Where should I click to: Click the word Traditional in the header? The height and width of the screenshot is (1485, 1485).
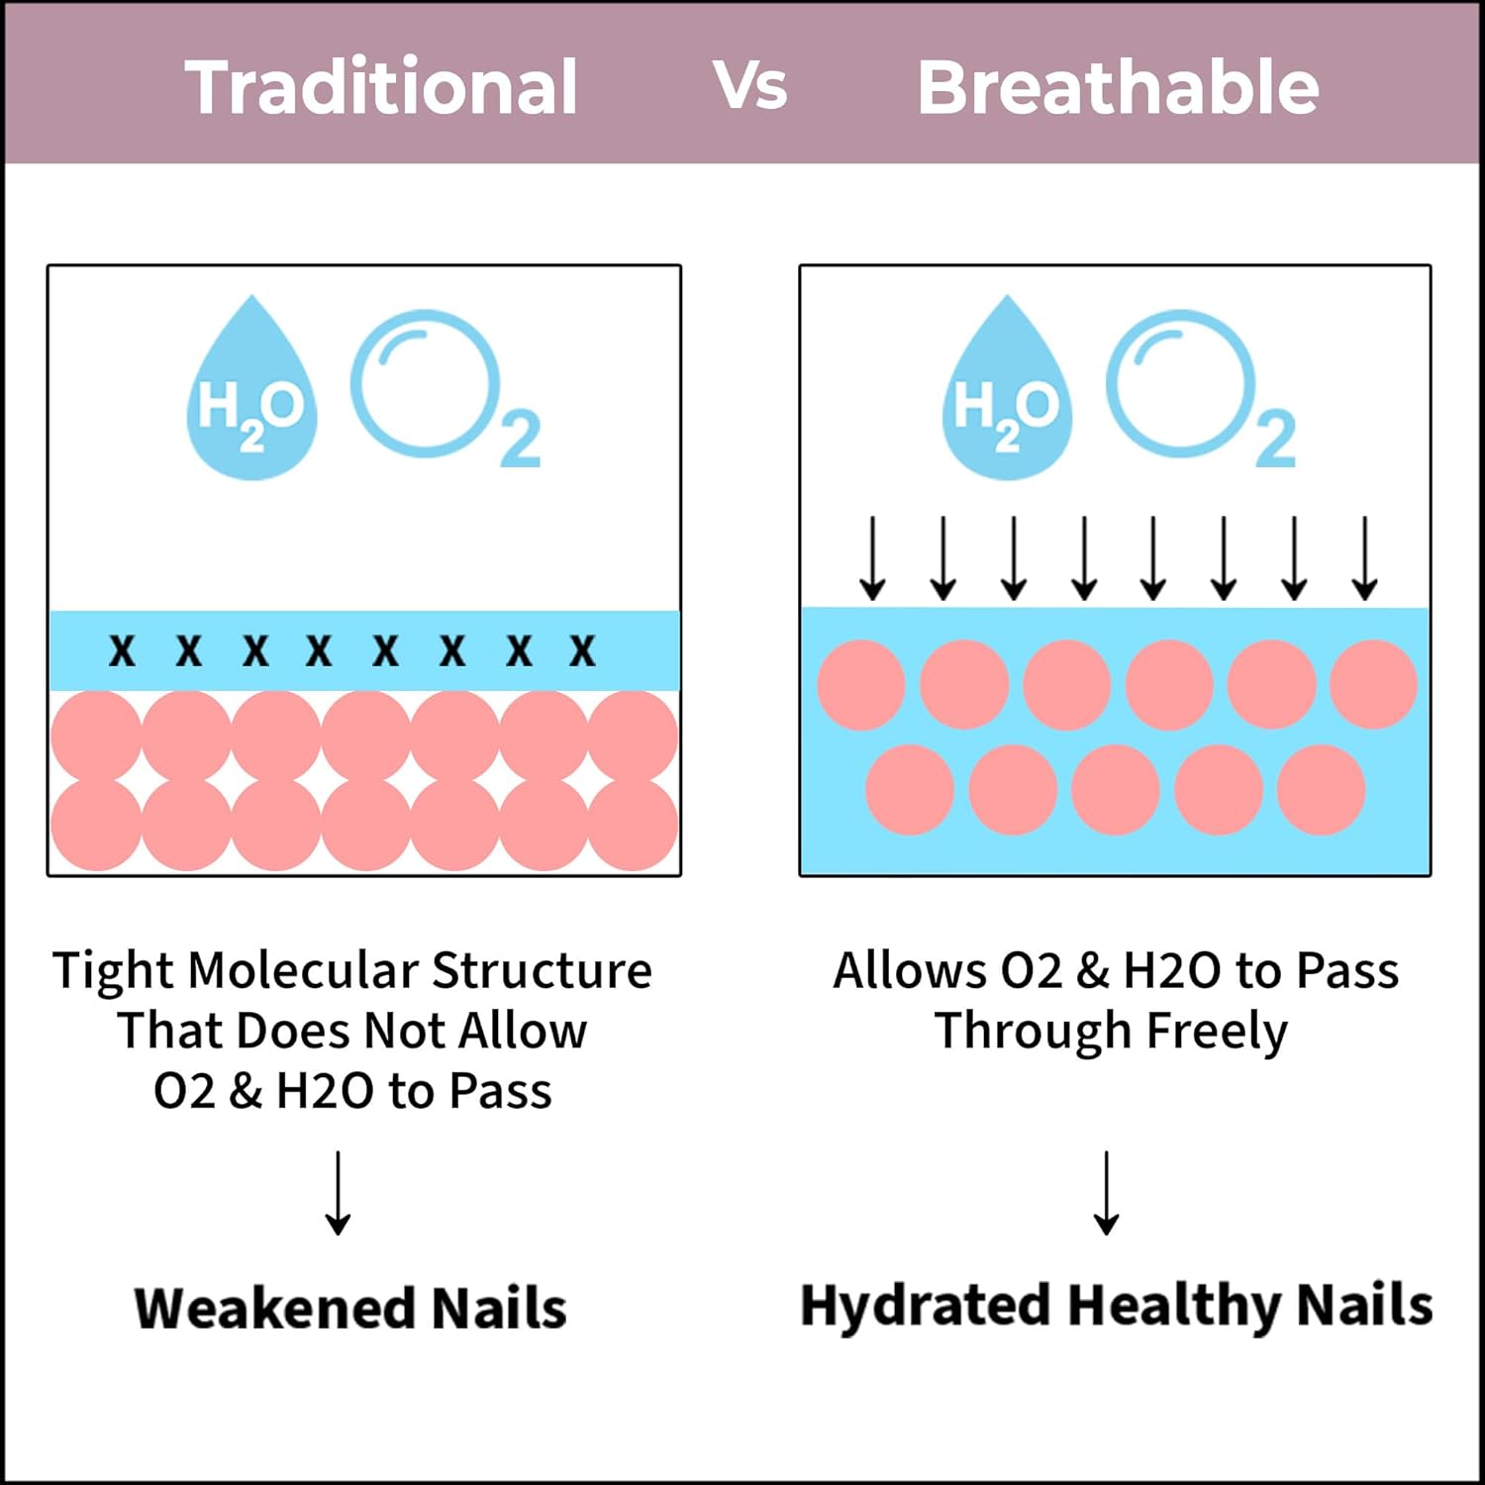point(381,87)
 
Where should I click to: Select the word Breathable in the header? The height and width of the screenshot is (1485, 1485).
point(1118,87)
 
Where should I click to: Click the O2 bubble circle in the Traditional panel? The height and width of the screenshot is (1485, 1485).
point(425,382)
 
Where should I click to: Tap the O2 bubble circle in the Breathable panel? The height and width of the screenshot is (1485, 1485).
point(1180,382)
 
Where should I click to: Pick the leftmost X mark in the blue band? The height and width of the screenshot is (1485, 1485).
point(122,650)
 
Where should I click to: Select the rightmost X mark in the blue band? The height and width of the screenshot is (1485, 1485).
point(582,650)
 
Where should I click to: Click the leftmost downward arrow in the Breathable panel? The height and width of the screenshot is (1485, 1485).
point(872,557)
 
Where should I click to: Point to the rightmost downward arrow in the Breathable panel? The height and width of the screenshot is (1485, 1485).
point(1365,557)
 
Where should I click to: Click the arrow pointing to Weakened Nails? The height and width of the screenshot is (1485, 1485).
point(339,1193)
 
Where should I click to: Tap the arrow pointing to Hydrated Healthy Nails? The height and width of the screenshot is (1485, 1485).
point(1107,1193)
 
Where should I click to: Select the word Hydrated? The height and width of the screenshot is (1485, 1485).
point(925,1306)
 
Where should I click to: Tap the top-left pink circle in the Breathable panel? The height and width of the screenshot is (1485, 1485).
point(861,684)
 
